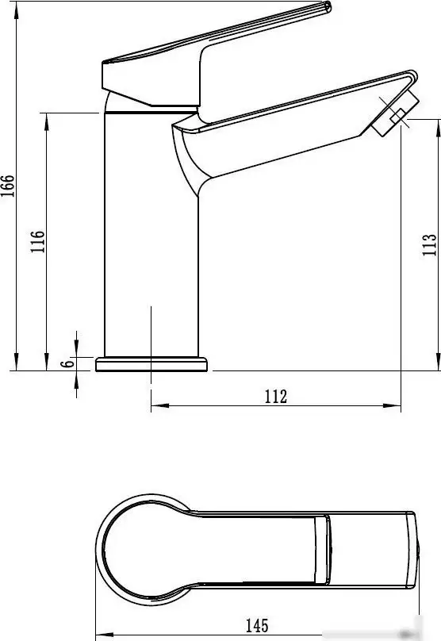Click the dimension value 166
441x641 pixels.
pyautogui.click(x=7, y=187)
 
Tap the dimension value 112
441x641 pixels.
pyautogui.click(x=275, y=397)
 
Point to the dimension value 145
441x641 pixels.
pyautogui.click(x=256, y=625)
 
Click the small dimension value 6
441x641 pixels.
pyautogui.click(x=68, y=363)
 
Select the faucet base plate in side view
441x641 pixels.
pyautogui.click(x=151, y=364)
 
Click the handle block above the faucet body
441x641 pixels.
pyautogui.click(x=151, y=79)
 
